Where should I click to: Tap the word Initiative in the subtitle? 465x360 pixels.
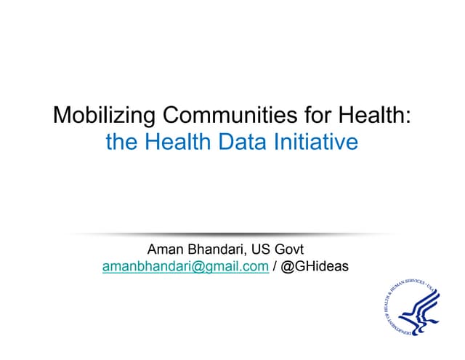click(318, 142)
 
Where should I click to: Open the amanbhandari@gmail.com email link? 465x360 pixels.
click(186, 267)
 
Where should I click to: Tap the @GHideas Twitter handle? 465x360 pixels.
click(315, 267)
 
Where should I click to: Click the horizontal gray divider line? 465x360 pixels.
click(232, 233)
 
